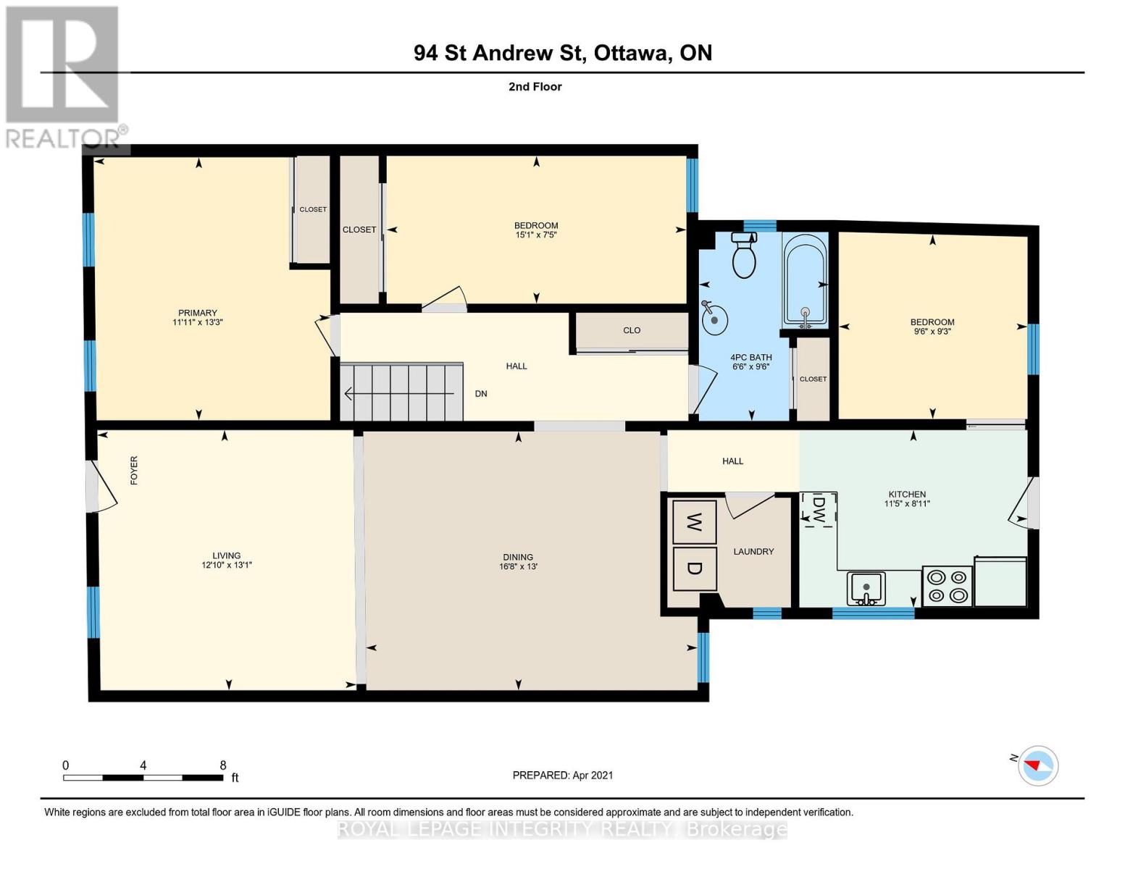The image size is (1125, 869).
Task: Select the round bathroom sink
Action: click(x=714, y=317)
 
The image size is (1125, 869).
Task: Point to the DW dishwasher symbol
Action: click(x=819, y=510)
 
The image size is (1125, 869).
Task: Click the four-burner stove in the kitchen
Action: click(x=947, y=586)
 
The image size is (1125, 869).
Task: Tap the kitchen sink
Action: click(x=866, y=587)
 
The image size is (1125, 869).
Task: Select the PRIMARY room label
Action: click(x=198, y=313)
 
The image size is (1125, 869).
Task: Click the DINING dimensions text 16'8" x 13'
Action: click(x=518, y=566)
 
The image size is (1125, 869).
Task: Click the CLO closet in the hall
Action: click(x=632, y=331)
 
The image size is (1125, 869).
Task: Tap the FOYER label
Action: click(x=134, y=470)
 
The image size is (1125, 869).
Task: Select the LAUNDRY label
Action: click(x=753, y=552)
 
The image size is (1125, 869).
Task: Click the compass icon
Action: click(x=1038, y=765)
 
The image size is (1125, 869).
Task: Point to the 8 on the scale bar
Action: click(x=223, y=765)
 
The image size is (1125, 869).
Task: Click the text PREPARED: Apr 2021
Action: click(x=563, y=775)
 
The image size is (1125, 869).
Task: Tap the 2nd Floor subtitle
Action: click(x=535, y=87)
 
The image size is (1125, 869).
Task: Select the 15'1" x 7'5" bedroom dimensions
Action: click(x=536, y=235)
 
